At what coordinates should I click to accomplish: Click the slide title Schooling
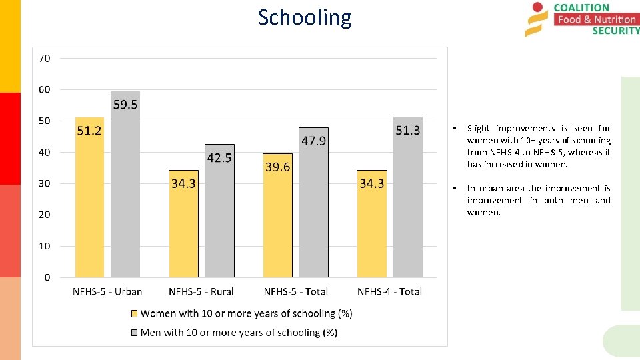(x=305, y=17)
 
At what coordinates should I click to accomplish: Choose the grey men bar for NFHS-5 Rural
(x=219, y=220)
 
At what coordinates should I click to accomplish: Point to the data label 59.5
(x=125, y=105)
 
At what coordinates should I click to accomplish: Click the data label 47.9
(x=313, y=141)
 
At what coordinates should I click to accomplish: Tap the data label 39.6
(x=277, y=167)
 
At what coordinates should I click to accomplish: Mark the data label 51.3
(x=408, y=130)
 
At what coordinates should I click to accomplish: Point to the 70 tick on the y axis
(x=44, y=58)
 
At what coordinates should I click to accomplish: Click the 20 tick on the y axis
(x=44, y=215)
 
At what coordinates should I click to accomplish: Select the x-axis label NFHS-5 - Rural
(x=201, y=291)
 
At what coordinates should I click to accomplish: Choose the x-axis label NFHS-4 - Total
(x=389, y=291)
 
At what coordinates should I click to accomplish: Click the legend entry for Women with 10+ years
(x=246, y=313)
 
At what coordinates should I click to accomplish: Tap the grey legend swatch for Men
(x=135, y=333)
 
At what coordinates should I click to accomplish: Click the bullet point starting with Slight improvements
(x=539, y=146)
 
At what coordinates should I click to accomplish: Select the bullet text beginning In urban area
(x=539, y=200)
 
